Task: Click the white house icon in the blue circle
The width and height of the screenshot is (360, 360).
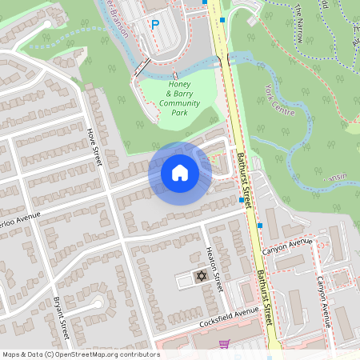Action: coord(179,173)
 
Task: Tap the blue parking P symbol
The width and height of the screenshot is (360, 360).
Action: coord(155,26)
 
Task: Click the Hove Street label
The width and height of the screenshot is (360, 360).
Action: coord(95,146)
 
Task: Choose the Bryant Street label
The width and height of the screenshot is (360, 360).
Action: coord(62,318)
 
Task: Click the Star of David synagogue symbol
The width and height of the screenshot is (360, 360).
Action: coord(201,277)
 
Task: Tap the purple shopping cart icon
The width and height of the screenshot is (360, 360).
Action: coord(225,345)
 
